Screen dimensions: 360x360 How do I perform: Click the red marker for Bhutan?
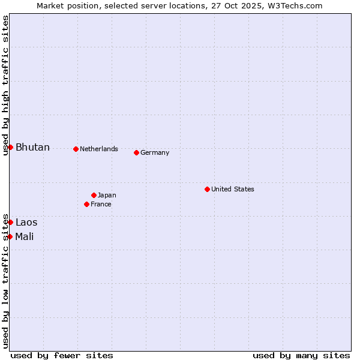(10, 147)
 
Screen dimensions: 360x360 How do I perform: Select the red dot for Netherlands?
(76, 149)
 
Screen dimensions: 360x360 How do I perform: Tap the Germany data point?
(136, 152)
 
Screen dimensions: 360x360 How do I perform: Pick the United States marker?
(207, 189)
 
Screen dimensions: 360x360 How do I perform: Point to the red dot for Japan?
(94, 195)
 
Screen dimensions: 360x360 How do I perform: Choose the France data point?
(86, 204)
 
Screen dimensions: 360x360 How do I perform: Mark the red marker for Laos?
(10, 222)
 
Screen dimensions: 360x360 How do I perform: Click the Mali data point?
(10, 236)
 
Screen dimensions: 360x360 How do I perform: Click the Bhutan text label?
(32, 148)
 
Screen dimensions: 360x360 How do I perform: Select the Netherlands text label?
(99, 149)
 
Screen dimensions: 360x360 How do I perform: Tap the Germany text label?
(155, 152)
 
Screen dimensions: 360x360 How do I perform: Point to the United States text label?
(233, 189)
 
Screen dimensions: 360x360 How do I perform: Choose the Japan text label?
(107, 195)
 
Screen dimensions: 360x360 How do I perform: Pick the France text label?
(101, 204)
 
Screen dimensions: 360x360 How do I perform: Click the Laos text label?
(26, 223)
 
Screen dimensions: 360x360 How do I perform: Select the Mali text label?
(25, 236)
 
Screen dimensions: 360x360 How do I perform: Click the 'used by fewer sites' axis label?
(62, 355)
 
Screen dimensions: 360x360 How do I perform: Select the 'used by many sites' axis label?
(301, 355)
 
